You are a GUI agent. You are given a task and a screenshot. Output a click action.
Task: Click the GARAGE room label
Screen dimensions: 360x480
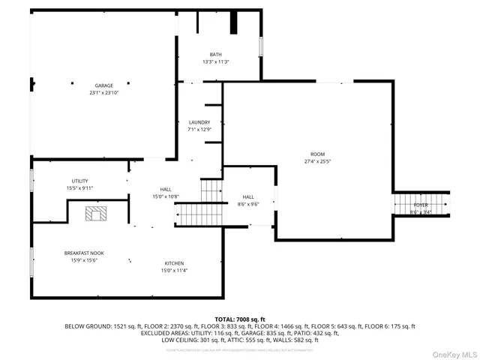(103, 85)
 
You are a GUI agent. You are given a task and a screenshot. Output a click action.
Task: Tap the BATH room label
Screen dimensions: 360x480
(216, 55)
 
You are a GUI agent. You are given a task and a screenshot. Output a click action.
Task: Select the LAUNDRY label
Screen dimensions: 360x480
(199, 122)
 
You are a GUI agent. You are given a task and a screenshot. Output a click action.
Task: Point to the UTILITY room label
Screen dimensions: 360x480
(80, 181)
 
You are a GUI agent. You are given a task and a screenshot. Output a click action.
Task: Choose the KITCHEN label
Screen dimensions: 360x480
(175, 263)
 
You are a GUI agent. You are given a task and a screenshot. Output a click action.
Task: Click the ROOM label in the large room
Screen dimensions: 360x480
(317, 154)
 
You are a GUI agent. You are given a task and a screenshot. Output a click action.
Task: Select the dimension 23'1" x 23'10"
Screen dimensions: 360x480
(103, 93)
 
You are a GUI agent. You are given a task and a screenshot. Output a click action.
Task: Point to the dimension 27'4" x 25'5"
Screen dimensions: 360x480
(317, 161)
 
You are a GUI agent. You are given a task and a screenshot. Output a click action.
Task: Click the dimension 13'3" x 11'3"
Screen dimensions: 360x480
(216, 61)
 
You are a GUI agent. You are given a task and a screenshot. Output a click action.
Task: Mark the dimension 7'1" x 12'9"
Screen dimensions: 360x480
(199, 130)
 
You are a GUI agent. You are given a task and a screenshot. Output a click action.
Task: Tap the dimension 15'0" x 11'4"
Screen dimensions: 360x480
(175, 271)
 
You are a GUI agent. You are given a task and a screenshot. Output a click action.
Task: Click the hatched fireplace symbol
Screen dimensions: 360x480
(95, 215)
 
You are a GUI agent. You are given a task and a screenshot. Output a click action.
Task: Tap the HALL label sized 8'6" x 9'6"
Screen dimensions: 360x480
(247, 196)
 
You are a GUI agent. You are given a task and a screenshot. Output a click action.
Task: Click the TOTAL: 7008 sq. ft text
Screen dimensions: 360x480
(240, 319)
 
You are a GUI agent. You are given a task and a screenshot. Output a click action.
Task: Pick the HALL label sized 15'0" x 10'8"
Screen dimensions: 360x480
(166, 189)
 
